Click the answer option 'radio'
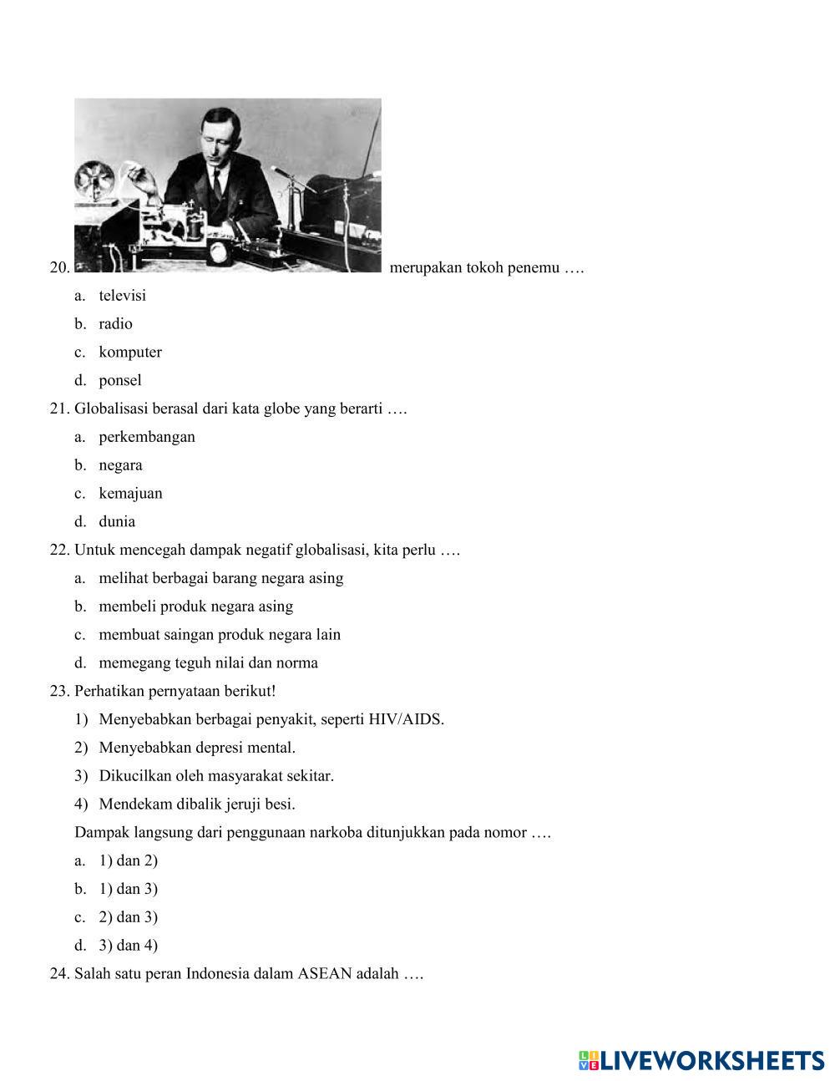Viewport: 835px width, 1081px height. pos(115,324)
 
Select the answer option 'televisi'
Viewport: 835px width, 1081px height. pos(122,296)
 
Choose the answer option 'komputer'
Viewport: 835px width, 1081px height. pos(130,353)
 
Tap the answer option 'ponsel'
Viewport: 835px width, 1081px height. pos(120,381)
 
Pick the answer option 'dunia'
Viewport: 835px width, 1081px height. pos(117,522)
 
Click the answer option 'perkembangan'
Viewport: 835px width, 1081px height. pos(147,437)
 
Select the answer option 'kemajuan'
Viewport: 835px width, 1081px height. pos(130,494)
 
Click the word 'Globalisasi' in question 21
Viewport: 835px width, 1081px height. pos(112,409)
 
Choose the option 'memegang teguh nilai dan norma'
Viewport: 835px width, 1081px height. pos(208,663)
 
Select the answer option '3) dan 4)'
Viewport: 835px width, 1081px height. pos(128,946)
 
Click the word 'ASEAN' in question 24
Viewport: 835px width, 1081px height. pos(324,974)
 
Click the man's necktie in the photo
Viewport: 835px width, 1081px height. pos(217,182)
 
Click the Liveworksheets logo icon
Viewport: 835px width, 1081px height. pos(589,1061)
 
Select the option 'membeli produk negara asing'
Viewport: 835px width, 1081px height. pos(195,606)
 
